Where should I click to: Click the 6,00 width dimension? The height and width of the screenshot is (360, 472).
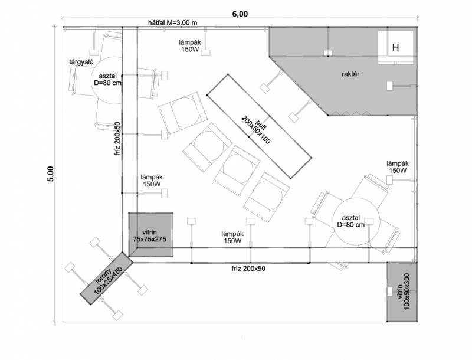click(240, 14)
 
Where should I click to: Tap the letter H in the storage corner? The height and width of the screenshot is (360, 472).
click(395, 47)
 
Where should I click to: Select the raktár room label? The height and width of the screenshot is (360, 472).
click(350, 74)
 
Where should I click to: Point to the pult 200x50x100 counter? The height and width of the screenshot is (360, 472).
click(259, 126)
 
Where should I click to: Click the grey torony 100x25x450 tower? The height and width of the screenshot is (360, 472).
click(107, 278)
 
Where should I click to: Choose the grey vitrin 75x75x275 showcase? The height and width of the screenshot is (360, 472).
click(150, 234)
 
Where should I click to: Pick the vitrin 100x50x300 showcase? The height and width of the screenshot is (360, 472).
click(402, 292)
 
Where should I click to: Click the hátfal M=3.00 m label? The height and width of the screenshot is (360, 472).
click(173, 22)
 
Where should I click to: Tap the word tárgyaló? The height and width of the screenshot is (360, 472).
click(81, 62)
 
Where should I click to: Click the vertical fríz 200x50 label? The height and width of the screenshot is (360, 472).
click(117, 138)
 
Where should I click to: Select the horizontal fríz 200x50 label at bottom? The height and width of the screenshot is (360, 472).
click(248, 268)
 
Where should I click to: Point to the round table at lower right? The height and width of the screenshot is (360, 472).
click(356, 221)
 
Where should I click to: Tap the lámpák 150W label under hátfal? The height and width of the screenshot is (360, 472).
click(189, 46)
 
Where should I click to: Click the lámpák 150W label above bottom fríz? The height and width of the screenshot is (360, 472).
click(232, 237)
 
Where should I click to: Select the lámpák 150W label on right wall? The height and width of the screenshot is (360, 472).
click(398, 167)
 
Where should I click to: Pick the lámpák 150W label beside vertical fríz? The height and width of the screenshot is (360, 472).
click(152, 181)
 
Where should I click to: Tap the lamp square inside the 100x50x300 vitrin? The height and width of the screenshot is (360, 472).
click(390, 292)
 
